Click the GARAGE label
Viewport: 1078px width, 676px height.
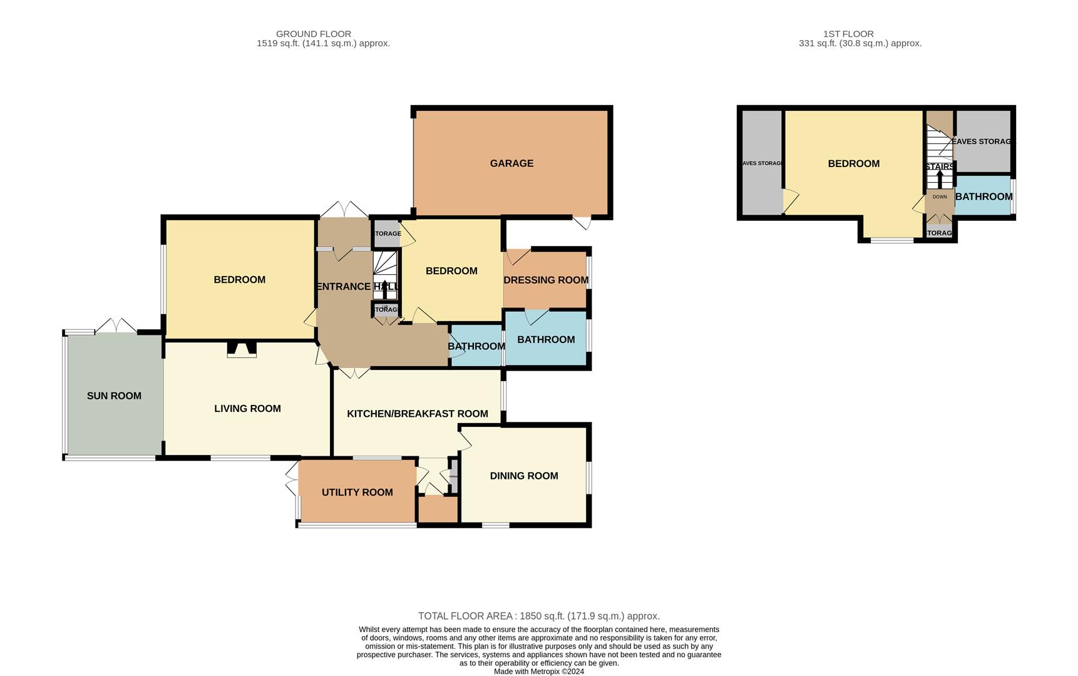pyautogui.click(x=511, y=163)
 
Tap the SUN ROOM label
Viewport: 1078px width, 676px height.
pyautogui.click(x=114, y=396)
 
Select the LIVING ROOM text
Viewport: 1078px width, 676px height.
pyautogui.click(x=247, y=409)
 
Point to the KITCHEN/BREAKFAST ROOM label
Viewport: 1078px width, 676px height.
pyautogui.click(x=418, y=414)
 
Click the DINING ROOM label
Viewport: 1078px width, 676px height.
pyautogui.click(x=524, y=476)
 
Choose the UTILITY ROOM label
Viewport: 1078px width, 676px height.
pyautogui.click(x=357, y=493)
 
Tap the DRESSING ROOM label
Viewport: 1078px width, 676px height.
pyautogui.click(x=546, y=280)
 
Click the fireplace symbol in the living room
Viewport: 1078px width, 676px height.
pyautogui.click(x=241, y=349)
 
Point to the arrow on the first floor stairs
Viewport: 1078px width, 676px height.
pyautogui.click(x=939, y=177)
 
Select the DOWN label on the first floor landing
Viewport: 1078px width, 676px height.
pyautogui.click(x=940, y=197)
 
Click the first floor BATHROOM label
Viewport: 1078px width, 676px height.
pyautogui.click(x=983, y=197)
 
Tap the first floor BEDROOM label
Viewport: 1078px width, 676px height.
pyautogui.click(x=853, y=163)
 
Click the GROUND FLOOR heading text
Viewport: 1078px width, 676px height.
pyautogui.click(x=314, y=34)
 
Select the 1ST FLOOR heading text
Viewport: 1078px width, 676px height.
pyautogui.click(x=848, y=34)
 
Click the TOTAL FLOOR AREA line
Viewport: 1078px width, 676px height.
pyautogui.click(x=538, y=616)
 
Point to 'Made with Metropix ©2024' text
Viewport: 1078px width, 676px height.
pyautogui.click(x=538, y=672)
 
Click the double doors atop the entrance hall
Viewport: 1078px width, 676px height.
pyautogui.click(x=344, y=210)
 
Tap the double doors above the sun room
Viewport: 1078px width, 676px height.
pyautogui.click(x=116, y=326)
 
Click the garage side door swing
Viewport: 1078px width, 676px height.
pyautogui.click(x=582, y=222)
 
